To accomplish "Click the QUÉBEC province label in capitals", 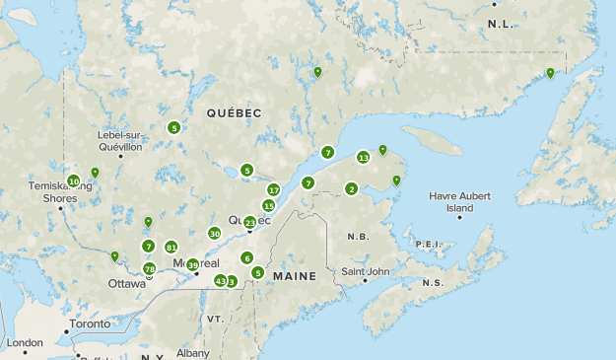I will tap(234, 114).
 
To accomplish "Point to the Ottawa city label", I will tap(126, 283).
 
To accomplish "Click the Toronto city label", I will tap(92, 323).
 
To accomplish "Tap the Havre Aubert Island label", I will tap(458, 202).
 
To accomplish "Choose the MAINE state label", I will tap(295, 276).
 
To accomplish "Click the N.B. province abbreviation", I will tap(358, 237).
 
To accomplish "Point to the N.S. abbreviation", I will tap(432, 283).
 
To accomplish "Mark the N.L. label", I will tap(501, 23).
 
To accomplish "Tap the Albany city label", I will tap(193, 352).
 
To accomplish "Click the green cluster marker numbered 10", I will tap(73, 180).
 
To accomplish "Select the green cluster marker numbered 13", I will tap(364, 158).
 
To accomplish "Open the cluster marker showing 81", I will tap(171, 247).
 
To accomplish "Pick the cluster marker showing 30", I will tap(214, 234).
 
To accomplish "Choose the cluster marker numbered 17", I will tap(273, 189).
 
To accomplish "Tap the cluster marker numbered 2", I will tap(351, 189).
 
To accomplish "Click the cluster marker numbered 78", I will tap(150, 269).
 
